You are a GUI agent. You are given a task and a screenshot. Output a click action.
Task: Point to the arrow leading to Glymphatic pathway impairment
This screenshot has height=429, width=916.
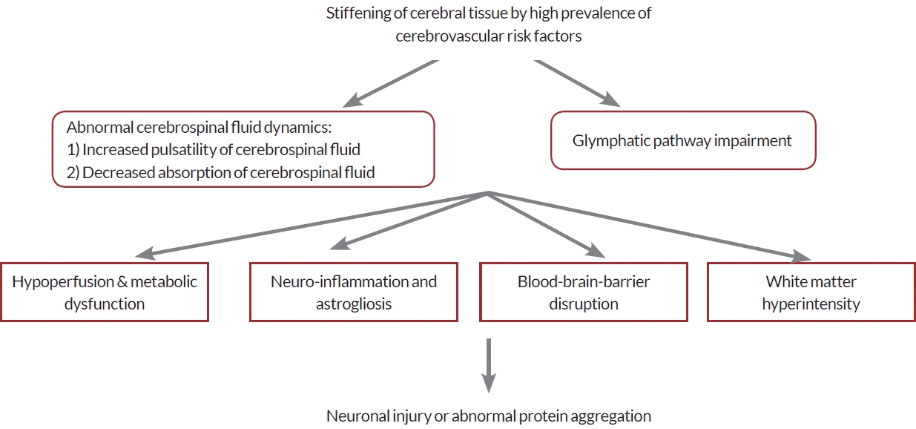click(x=577, y=83)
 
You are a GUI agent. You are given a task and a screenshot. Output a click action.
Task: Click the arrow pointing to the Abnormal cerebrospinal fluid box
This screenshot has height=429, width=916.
click(x=391, y=84)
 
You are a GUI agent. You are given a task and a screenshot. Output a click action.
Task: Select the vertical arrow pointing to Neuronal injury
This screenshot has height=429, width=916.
click(x=489, y=366)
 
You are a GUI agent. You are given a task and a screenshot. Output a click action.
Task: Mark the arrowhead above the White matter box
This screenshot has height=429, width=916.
click(x=801, y=256)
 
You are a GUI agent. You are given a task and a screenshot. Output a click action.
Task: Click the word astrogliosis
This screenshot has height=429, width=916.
click(x=354, y=304)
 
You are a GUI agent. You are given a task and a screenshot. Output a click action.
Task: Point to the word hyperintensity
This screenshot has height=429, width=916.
click(x=811, y=304)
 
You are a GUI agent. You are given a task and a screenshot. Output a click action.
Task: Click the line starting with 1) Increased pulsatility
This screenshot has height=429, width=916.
click(x=214, y=150)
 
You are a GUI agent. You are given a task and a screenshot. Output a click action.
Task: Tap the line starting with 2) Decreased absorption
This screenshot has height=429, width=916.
click(x=221, y=173)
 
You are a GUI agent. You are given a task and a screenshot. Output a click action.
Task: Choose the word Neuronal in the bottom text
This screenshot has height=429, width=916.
click(x=357, y=416)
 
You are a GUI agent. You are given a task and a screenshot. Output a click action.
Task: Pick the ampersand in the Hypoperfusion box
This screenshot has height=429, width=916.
click(x=122, y=281)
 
